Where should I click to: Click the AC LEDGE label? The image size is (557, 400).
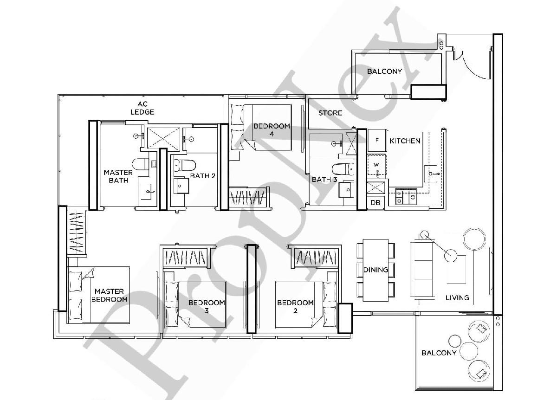click(142, 108)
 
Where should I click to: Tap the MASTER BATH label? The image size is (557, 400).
click(118, 176)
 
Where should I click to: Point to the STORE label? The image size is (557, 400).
click(330, 113)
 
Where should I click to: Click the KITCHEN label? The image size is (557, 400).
click(405, 141)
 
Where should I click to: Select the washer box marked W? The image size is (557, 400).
click(377, 165)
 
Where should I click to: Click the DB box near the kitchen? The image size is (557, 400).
click(375, 203)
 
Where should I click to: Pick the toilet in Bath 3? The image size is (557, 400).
click(341, 169)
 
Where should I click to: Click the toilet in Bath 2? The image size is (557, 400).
click(187, 165)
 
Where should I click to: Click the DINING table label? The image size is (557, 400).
click(376, 270)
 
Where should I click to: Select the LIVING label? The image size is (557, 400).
click(457, 297)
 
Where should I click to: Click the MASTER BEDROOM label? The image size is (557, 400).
click(110, 295)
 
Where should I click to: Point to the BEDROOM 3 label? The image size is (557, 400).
click(207, 306)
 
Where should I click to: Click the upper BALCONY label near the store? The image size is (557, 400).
click(384, 71)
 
